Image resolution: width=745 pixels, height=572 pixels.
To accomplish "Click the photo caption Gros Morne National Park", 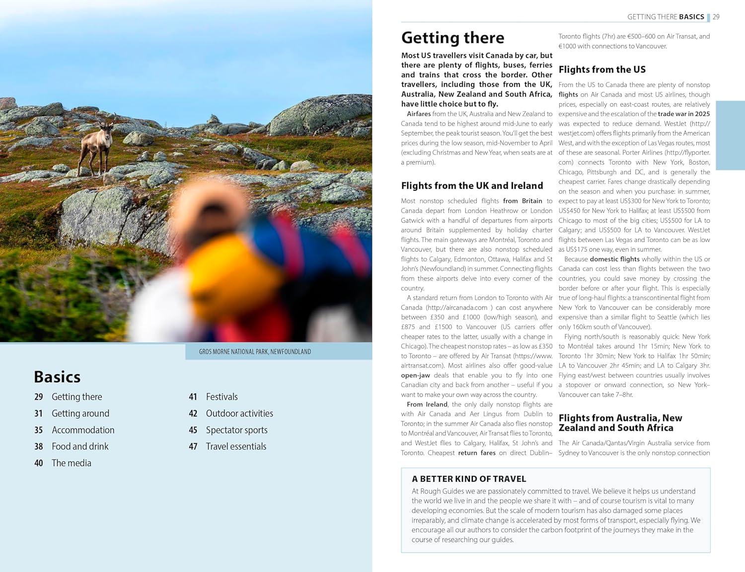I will pyautogui.click(x=255, y=351).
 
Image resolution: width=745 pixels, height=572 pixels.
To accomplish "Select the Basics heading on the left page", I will pyautogui.click(x=57, y=377).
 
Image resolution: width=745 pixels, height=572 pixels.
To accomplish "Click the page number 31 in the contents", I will pyautogui.click(x=38, y=413).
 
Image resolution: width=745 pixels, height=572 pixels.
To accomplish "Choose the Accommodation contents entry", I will pyautogui.click(x=83, y=430).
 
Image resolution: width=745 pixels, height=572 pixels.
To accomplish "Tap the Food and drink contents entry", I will pyautogui.click(x=80, y=446).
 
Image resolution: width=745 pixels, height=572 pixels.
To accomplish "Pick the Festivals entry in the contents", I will pyautogui.click(x=222, y=397).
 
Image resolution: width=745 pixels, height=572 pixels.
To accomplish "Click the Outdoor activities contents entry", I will pyautogui.click(x=239, y=413).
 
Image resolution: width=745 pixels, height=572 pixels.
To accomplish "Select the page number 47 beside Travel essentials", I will pyautogui.click(x=193, y=446).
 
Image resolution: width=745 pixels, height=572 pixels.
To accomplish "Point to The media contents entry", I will pyautogui.click(x=72, y=463).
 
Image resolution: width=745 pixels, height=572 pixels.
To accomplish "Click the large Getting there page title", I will pyautogui.click(x=452, y=38).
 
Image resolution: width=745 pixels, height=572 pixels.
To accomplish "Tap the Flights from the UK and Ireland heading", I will pyautogui.click(x=472, y=185).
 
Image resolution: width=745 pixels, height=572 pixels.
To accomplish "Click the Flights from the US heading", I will pyautogui.click(x=602, y=70).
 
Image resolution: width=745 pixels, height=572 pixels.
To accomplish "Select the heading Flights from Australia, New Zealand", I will pyautogui.click(x=620, y=422).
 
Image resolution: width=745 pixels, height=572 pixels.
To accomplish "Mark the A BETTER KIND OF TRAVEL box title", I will pyautogui.click(x=469, y=479).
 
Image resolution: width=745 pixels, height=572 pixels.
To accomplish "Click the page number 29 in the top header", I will pyautogui.click(x=716, y=17).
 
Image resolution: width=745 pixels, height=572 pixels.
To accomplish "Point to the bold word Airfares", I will pyautogui.click(x=419, y=114).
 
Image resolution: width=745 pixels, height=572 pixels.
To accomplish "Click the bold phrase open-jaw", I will pyautogui.click(x=415, y=375).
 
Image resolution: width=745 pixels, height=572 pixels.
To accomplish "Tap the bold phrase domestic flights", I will pyautogui.click(x=614, y=259).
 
